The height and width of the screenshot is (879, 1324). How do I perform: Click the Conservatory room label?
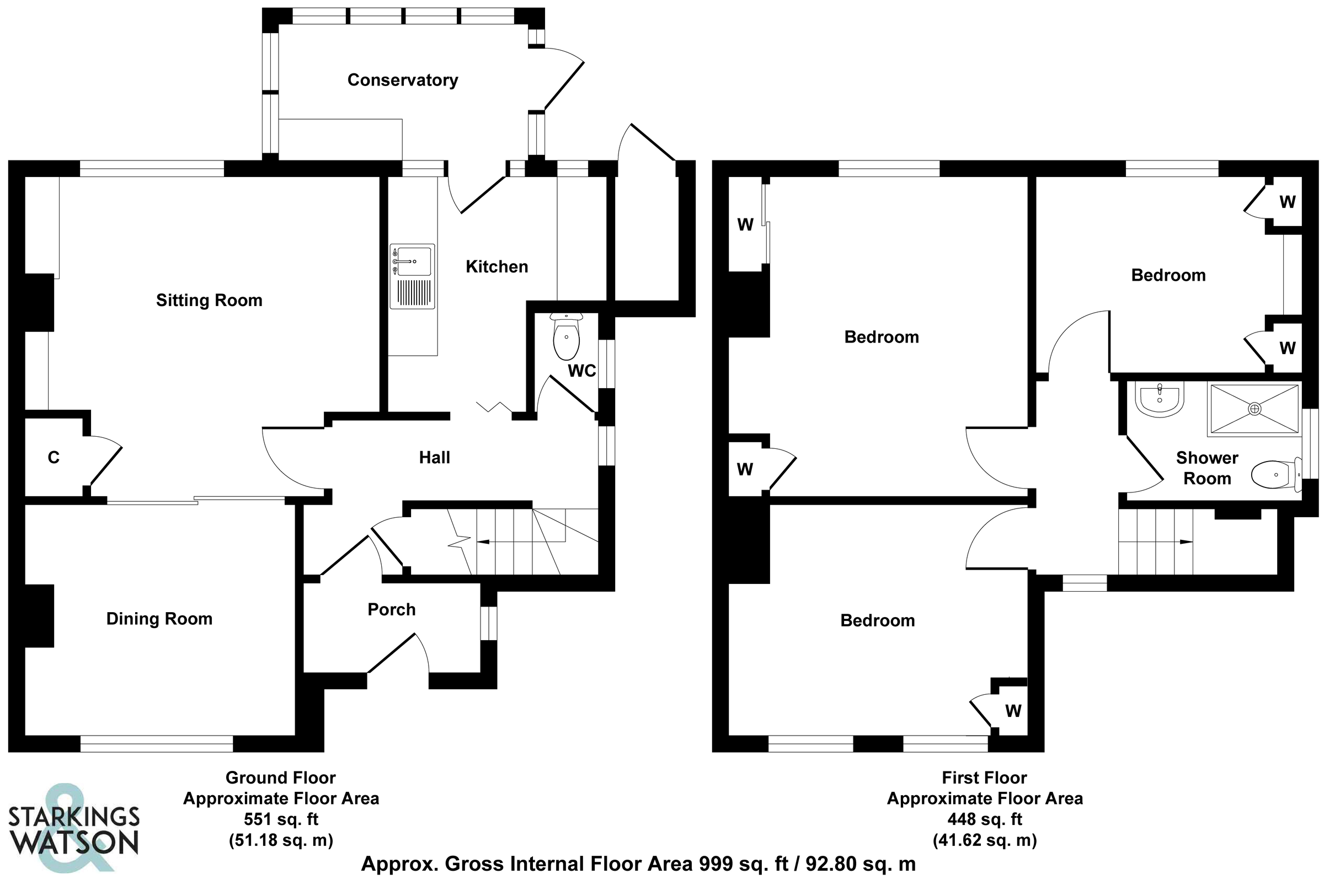tap(403, 80)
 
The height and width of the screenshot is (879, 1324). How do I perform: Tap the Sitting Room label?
tap(209, 301)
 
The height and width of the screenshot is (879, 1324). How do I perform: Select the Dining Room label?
tap(159, 619)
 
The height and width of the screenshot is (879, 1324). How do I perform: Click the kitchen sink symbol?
tap(413, 276)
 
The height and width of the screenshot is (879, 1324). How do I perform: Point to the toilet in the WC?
tap(567, 336)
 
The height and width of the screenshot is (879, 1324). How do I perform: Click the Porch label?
tap(392, 609)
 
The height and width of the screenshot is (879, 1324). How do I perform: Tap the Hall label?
tap(435, 458)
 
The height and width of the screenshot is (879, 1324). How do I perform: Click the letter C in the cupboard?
tap(54, 458)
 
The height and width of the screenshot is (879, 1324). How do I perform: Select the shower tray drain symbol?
tap(1255, 409)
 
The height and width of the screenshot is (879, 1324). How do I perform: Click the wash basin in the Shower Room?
tap(1160, 399)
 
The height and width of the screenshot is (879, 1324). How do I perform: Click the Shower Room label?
tap(1207, 468)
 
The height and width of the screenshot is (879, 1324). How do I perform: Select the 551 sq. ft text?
tap(281, 819)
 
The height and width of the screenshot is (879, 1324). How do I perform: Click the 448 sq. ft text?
tap(985, 819)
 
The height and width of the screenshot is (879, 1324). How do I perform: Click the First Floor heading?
tap(984, 778)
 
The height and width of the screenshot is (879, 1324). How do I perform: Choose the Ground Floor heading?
tap(280, 778)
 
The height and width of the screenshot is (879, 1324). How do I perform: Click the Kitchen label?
tap(497, 267)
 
